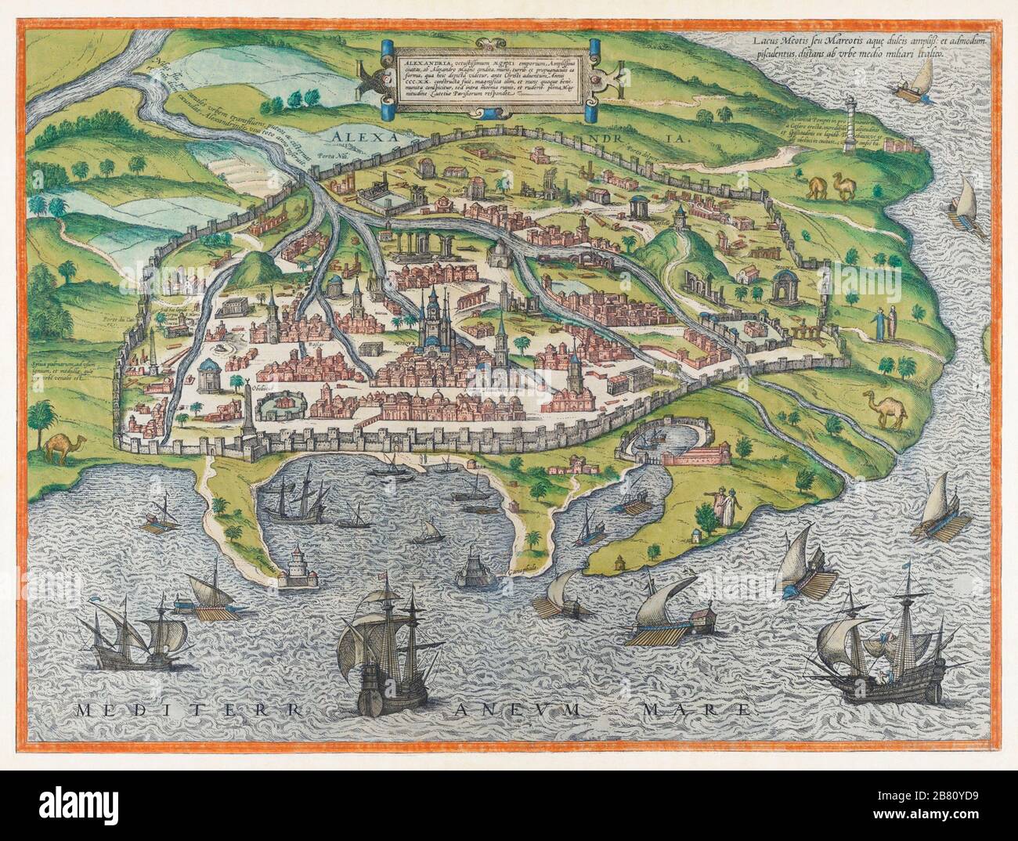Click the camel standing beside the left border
[x=59, y=446]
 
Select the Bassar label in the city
[x=295, y=342]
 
